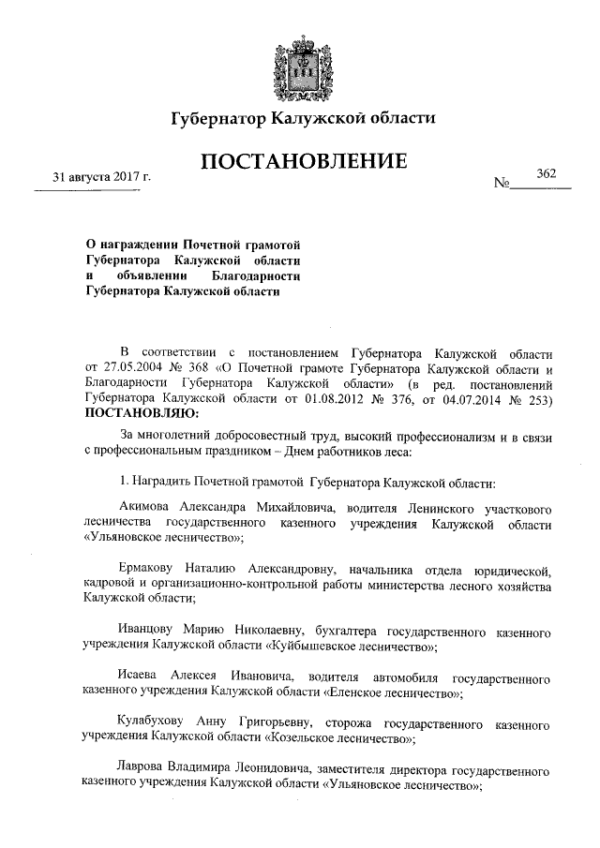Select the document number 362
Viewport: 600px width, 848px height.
(546, 174)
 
